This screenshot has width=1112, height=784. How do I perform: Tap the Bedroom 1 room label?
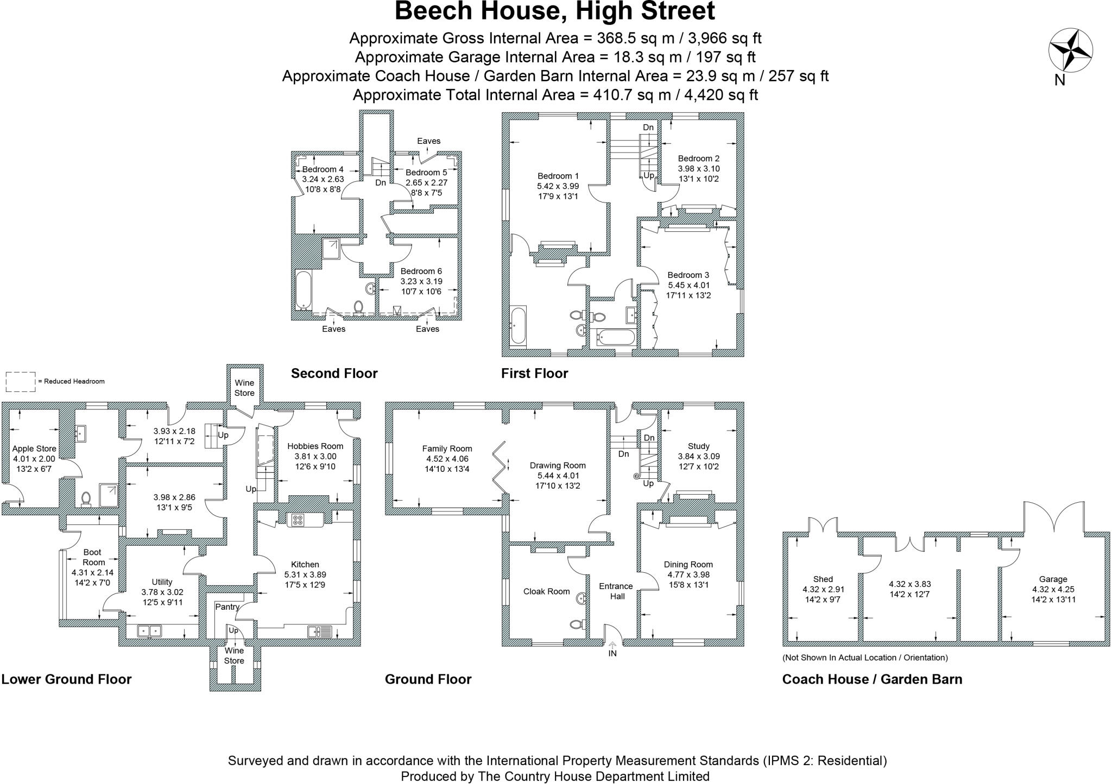point(558,176)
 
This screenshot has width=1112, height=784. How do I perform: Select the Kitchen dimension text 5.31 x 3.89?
point(305,574)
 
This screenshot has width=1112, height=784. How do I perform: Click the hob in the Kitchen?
point(298,520)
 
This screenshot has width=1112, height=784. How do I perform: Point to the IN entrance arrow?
point(612,646)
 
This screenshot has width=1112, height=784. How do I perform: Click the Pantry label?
point(227,607)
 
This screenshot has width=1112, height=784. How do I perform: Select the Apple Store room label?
point(34,449)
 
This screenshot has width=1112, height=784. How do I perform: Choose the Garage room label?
point(1053,579)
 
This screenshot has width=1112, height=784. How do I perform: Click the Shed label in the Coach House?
point(823,579)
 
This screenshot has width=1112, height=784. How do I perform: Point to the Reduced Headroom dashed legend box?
point(20,382)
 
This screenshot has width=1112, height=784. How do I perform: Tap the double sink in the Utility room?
point(149,631)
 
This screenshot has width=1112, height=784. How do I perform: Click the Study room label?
point(698,446)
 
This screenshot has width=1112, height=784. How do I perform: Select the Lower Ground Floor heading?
point(66,679)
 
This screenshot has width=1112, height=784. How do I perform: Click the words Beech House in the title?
point(472,11)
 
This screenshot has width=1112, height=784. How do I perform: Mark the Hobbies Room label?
point(315,446)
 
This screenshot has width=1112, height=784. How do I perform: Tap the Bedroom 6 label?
point(421,271)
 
